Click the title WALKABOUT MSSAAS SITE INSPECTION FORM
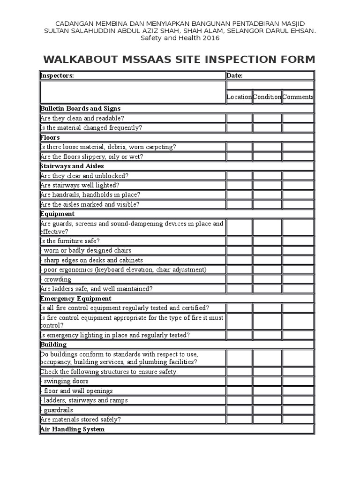pyautogui.click(x=179, y=60)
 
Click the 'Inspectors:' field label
pyautogui.click(x=57, y=76)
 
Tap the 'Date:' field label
pyautogui.click(x=234, y=76)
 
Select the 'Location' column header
pyautogui.click(x=239, y=97)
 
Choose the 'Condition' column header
pyautogui.click(x=267, y=97)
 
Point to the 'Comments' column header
pyautogui.click(x=298, y=97)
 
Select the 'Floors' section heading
pyautogui.click(x=50, y=138)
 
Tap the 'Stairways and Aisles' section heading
pyautogui.click(x=72, y=166)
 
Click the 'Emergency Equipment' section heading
pyautogui.click(x=76, y=299)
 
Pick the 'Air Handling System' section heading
pyautogui.click(x=73, y=429)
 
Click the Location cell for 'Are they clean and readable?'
pyautogui.click(x=239, y=119)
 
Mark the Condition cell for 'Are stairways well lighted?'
pyautogui.click(x=267, y=186)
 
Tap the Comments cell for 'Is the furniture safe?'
pyautogui.click(x=298, y=241)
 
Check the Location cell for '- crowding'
pyautogui.click(x=239, y=280)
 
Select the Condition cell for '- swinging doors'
pyautogui.click(x=267, y=382)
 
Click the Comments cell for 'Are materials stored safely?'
pyautogui.click(x=298, y=420)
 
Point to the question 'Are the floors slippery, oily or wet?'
pyautogui.click(x=92, y=157)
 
